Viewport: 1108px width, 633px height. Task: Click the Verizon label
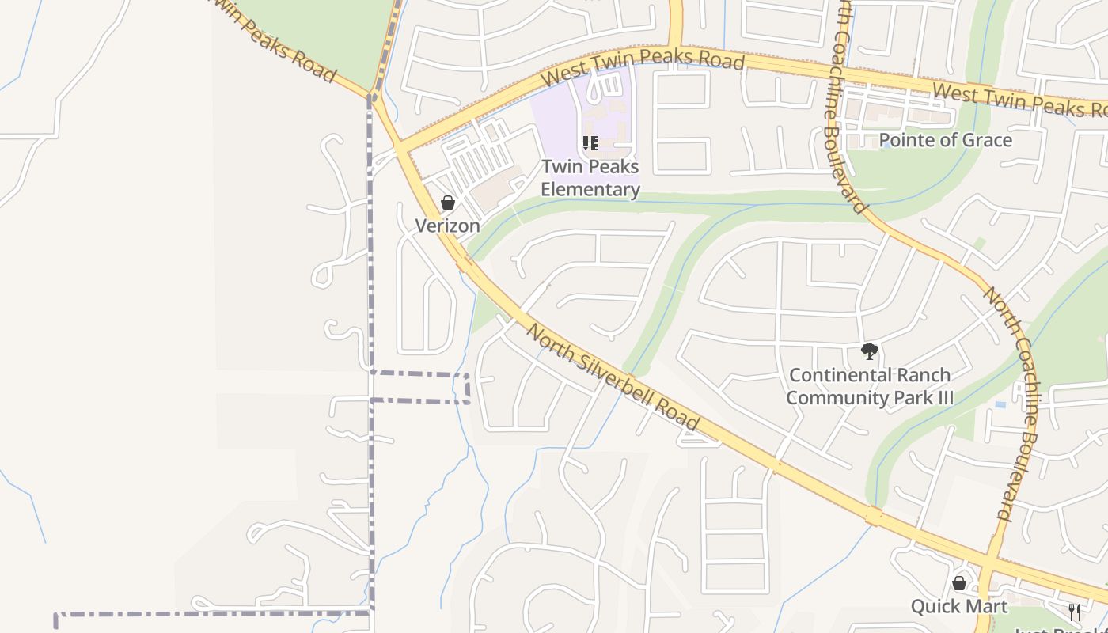click(448, 226)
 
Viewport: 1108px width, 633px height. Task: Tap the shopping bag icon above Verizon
click(448, 203)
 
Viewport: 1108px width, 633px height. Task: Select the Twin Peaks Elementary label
click(590, 178)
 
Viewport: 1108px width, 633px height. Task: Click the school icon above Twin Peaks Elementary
click(590, 143)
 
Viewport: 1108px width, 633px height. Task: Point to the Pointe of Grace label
click(946, 140)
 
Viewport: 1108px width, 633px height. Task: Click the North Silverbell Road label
click(613, 377)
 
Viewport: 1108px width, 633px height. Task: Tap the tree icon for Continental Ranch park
click(870, 351)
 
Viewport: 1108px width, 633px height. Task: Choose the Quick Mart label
click(958, 606)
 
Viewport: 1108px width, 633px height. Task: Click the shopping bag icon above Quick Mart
click(959, 584)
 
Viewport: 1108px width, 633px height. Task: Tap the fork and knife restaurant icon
click(1075, 612)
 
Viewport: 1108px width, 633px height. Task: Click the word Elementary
click(590, 189)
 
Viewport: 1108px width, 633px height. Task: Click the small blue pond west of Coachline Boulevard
click(1000, 404)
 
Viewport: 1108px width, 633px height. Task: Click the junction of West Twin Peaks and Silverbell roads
click(402, 148)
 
